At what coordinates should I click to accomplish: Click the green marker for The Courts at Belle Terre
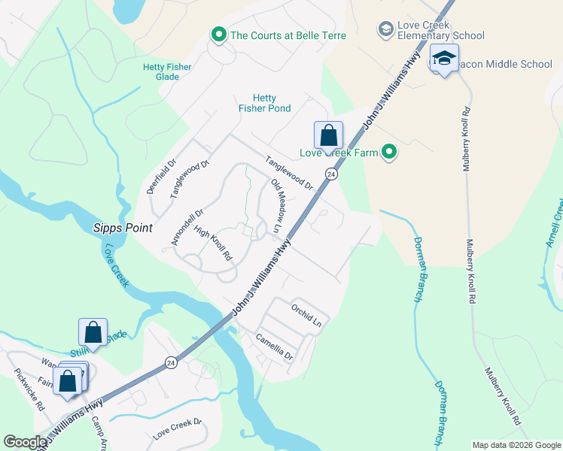click(x=219, y=35)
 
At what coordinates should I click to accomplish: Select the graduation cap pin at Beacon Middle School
click(x=444, y=59)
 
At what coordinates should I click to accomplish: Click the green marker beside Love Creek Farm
click(x=389, y=153)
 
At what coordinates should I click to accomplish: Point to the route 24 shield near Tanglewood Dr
click(x=330, y=174)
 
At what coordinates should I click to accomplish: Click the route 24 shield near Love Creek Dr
click(x=171, y=362)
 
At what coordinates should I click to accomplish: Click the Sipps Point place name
click(x=123, y=228)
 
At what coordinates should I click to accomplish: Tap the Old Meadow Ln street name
click(x=275, y=204)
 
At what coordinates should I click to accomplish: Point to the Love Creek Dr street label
click(x=178, y=434)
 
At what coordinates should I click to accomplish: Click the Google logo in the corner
click(x=25, y=442)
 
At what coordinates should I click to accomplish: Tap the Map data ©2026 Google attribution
click(x=516, y=445)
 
